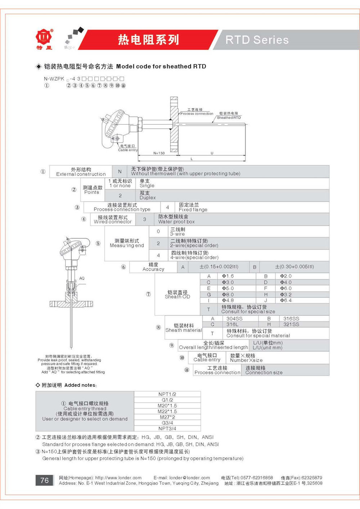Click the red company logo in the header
[x=44, y=37]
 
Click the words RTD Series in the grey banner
[x=257, y=40]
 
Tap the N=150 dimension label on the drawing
[x=159, y=153]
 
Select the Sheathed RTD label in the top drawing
[x=229, y=118]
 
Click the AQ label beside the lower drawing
[x=82, y=278]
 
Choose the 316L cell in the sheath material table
[x=232, y=324]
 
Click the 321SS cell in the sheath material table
[x=291, y=324]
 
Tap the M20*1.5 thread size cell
[x=167, y=406]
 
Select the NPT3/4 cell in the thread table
[x=167, y=428]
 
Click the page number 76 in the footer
[x=44, y=480]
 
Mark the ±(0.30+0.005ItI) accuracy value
[x=294, y=267]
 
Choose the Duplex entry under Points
[x=148, y=198]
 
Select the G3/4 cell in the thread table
[x=167, y=423]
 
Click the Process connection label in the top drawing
[x=197, y=113]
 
